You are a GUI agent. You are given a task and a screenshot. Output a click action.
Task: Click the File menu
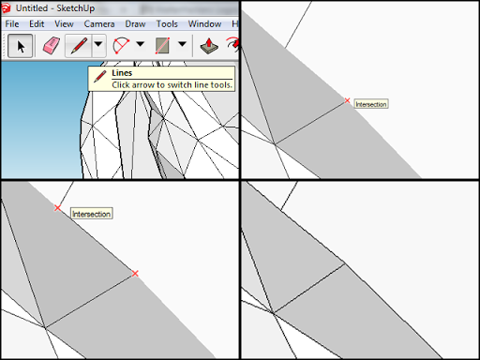pos(12,24)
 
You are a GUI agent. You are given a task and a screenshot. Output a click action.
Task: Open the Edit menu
pos(37,24)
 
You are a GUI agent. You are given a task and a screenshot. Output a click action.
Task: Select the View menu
pos(64,24)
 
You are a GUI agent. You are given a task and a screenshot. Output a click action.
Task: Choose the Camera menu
pos(99,24)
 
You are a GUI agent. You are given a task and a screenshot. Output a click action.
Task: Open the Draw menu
pos(135,24)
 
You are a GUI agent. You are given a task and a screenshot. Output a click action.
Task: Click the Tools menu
pos(167,24)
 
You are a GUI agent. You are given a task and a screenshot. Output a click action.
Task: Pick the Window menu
pos(204,24)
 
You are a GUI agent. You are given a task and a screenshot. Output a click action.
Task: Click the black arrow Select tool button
pos(20,46)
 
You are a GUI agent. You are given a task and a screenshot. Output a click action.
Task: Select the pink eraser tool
pos(52,46)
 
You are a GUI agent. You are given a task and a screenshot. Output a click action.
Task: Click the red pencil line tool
pos(79,46)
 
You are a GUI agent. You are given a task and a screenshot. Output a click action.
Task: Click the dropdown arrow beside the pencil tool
pos(98,44)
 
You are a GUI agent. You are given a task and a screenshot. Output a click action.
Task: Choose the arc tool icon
pos(121,46)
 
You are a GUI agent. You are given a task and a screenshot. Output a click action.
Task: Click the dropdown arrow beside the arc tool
pos(141,44)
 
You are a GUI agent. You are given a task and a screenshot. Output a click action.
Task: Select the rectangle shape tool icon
pos(162,46)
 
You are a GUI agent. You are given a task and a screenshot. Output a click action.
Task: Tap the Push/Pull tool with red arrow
pos(209,46)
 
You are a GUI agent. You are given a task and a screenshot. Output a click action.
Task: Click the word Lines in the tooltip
pos(122,73)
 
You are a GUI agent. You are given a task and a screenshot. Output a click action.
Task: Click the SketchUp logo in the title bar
pos(7,8)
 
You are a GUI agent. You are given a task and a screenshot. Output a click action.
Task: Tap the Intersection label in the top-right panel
pos(371,104)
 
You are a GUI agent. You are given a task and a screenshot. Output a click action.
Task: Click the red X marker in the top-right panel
pos(347,100)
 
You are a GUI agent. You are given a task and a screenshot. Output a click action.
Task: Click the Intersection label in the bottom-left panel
pos(91,214)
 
